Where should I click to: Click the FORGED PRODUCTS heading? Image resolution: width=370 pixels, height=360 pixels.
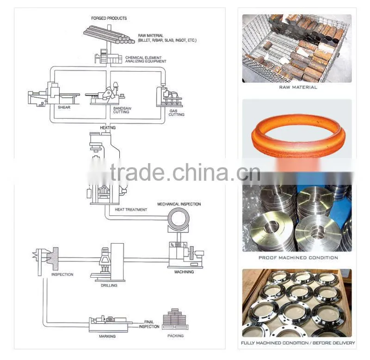coord(109,18)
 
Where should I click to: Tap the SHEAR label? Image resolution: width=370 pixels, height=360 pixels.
coord(64,107)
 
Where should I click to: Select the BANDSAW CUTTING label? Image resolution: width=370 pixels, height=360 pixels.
coord(122,110)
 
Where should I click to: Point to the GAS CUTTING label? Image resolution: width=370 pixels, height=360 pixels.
coord(176,113)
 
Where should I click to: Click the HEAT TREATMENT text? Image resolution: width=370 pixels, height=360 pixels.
coord(131,210)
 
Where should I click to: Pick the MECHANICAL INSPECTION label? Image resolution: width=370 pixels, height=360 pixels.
coord(179,204)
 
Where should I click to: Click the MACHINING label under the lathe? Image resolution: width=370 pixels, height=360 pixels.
coord(184,272)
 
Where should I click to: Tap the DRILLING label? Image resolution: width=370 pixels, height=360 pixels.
coord(109,286)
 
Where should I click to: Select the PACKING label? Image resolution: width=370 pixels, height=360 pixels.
coord(175,336)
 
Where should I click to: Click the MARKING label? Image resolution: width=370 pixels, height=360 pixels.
coord(107,336)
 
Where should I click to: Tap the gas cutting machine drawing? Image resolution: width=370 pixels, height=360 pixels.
coord(169,97)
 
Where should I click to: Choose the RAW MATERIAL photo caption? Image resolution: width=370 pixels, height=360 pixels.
coord(298,87)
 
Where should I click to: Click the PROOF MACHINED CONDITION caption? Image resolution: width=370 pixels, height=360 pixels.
coord(298,258)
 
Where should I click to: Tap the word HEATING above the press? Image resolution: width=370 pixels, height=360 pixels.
coord(108,128)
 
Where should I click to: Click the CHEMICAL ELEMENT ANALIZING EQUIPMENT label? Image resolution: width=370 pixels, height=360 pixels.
coord(146,60)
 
